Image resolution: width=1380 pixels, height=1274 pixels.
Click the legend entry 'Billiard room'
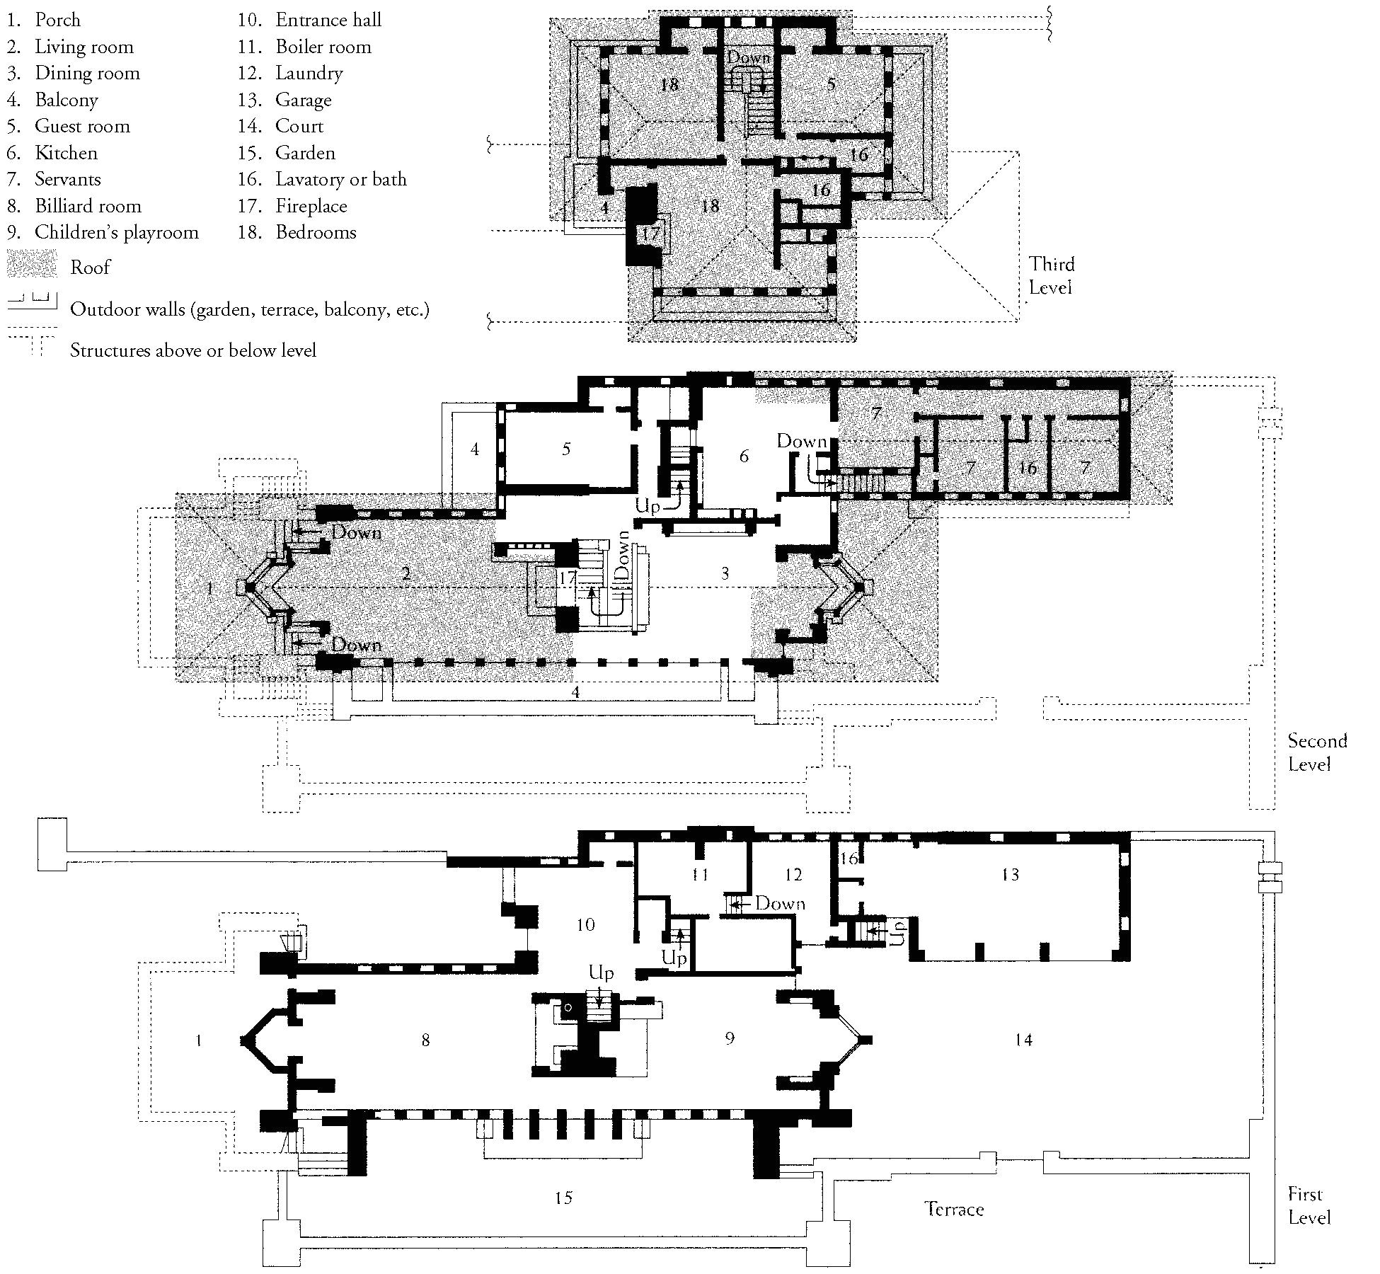(88, 206)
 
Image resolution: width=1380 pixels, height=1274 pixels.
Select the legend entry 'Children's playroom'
(116, 232)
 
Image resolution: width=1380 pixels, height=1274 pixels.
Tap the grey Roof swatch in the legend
(32, 266)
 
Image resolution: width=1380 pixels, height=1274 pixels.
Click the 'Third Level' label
(1051, 275)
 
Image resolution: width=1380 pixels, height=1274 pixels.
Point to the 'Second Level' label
(1316, 752)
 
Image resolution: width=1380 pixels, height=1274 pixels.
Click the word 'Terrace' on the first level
(954, 1209)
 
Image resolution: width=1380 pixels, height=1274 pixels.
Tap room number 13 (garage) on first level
(1010, 875)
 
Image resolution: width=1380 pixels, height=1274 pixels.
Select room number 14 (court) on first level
(1023, 1040)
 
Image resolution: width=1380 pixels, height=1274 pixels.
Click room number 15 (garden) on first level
(563, 1198)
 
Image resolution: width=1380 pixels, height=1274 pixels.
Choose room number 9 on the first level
(730, 1038)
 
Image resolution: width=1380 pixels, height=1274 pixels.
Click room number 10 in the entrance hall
(585, 924)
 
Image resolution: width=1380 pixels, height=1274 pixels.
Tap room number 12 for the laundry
(793, 875)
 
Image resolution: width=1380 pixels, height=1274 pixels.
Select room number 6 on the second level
(744, 456)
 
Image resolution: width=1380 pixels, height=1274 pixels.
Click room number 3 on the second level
(725, 573)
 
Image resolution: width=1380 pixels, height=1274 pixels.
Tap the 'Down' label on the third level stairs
(749, 57)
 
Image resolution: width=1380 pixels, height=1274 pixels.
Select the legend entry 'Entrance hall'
(328, 20)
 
